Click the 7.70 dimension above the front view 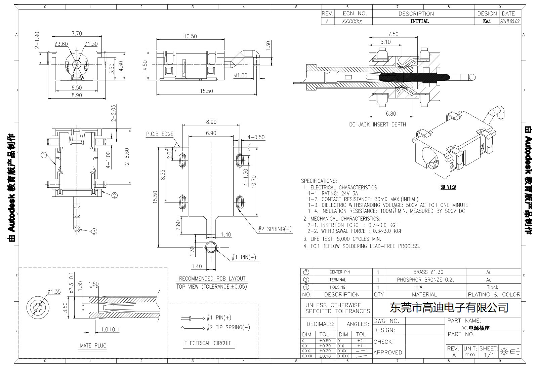pos(77,34)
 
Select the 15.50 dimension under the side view pos(206,91)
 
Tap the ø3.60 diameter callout pos(61,44)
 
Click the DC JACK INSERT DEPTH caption pos(377,124)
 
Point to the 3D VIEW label pos(448,187)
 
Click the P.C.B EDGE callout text pos(160,134)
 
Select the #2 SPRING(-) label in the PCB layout pos(275,229)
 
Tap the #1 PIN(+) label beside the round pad pos(244,257)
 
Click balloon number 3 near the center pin pos(94,231)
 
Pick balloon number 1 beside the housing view pos(44,155)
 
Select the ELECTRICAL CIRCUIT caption pos(207,343)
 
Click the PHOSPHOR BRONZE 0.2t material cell pos(425,280)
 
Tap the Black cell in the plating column pos(492,287)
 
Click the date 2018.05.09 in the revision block pos(509,21)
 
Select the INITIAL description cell pos(419,21)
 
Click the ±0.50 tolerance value pos(325,341)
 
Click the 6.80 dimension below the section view pos(390,114)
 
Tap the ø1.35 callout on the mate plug pos(54,292)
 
